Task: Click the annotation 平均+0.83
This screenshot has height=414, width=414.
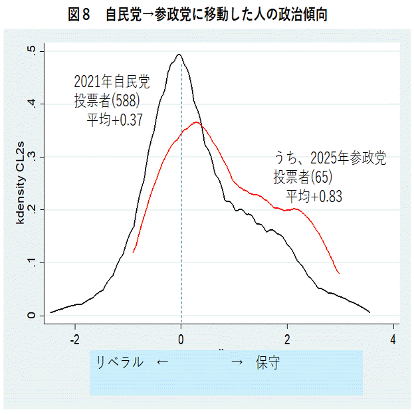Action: [314, 196]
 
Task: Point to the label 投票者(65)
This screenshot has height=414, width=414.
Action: [302, 177]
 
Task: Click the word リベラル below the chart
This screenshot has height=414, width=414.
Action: [120, 362]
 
